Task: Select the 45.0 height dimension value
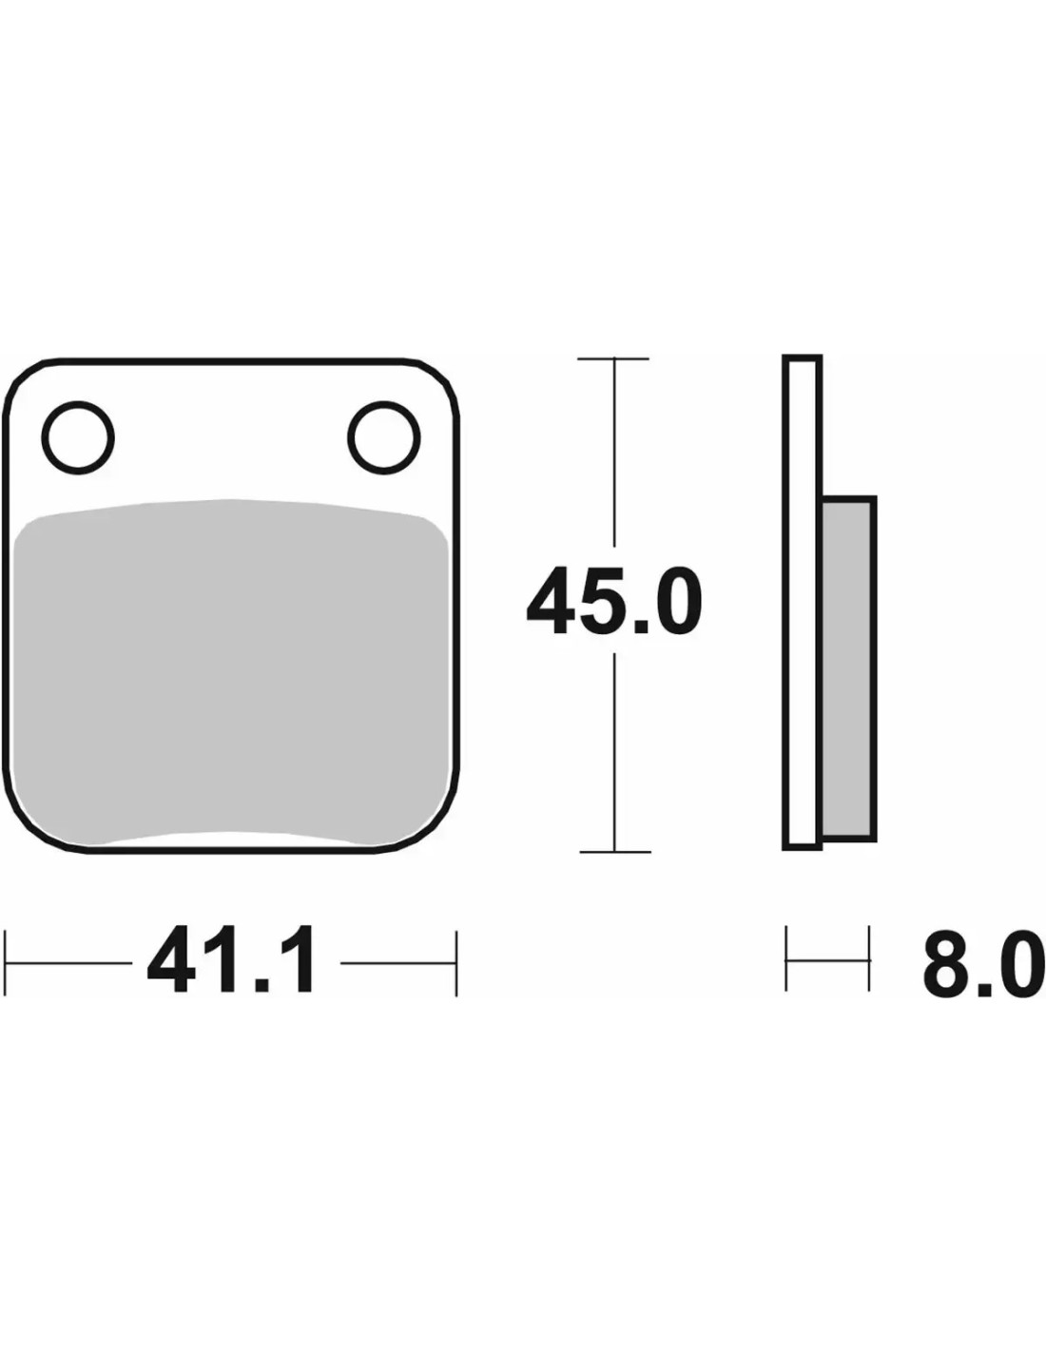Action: coord(614,601)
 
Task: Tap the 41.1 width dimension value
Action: coord(231,961)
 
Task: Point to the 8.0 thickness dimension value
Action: coord(983,961)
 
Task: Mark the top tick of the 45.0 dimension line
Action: coord(613,359)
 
